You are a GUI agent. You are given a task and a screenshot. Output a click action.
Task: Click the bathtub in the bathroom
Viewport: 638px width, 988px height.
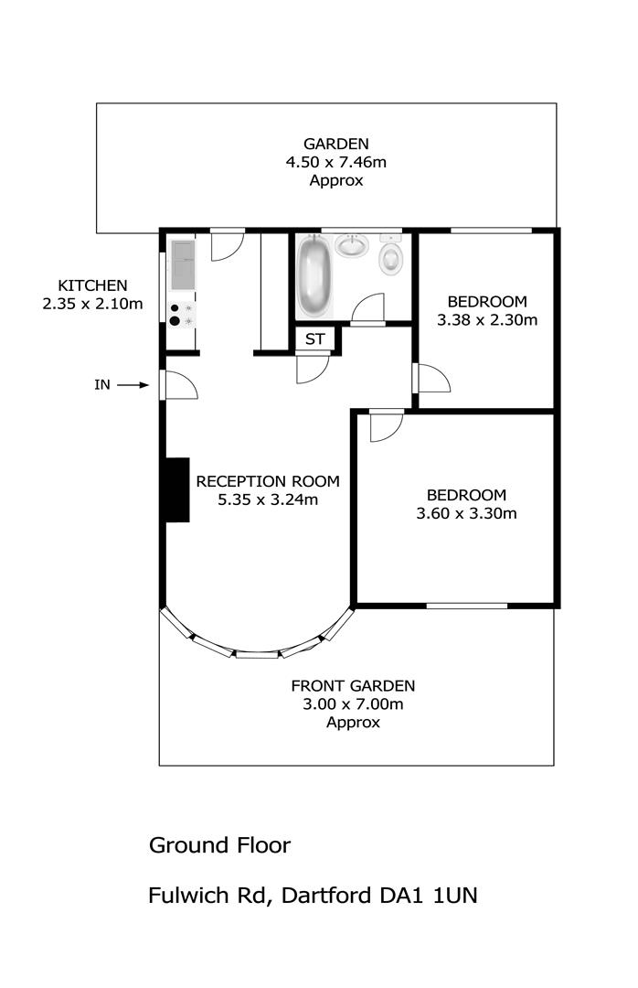[x=314, y=276]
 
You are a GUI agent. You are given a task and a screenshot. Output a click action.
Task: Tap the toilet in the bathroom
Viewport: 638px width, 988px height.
[x=391, y=255]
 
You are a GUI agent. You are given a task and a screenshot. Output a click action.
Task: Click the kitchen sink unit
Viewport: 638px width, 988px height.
[x=182, y=264]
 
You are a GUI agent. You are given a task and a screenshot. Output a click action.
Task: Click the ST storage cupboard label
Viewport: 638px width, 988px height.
[x=315, y=339]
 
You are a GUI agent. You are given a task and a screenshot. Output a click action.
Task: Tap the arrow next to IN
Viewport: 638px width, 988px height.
[x=133, y=385]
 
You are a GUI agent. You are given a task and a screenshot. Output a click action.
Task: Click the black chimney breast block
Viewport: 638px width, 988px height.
[x=177, y=489]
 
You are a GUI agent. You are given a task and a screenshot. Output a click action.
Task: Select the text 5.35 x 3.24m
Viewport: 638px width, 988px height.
[x=268, y=500]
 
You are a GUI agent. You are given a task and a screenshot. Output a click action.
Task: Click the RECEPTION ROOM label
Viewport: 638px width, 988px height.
[x=268, y=482]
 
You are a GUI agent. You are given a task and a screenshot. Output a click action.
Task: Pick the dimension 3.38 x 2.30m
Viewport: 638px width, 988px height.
[x=487, y=320]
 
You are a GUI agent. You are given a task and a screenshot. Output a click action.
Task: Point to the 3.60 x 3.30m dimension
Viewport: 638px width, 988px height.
[x=467, y=513]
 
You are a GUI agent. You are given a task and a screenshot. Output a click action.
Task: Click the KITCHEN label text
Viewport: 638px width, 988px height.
[x=92, y=285]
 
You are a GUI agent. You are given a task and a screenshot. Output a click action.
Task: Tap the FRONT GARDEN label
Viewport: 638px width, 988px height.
[x=353, y=686]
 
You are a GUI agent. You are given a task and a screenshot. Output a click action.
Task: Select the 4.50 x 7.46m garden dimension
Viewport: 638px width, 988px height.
[x=336, y=163]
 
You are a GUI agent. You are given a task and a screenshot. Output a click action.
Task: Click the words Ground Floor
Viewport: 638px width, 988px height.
[x=219, y=845]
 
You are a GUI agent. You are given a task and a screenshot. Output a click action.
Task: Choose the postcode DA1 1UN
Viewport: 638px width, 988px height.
[x=429, y=896]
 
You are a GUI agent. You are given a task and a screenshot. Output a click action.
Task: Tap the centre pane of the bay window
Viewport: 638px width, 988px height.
[x=257, y=655]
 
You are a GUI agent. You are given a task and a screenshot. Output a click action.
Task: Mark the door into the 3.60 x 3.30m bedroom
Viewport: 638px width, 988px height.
[x=386, y=425]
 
